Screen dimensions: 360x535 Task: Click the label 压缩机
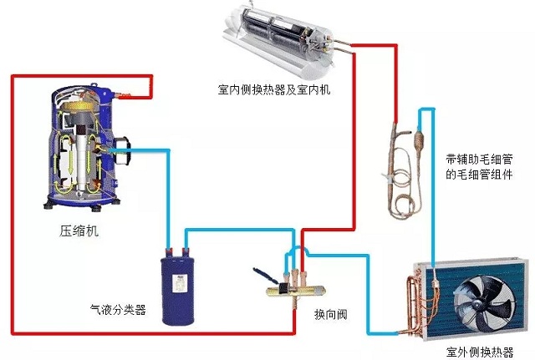point(80,231)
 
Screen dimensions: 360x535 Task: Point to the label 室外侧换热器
point(480,352)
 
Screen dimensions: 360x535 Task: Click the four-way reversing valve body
point(289,287)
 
